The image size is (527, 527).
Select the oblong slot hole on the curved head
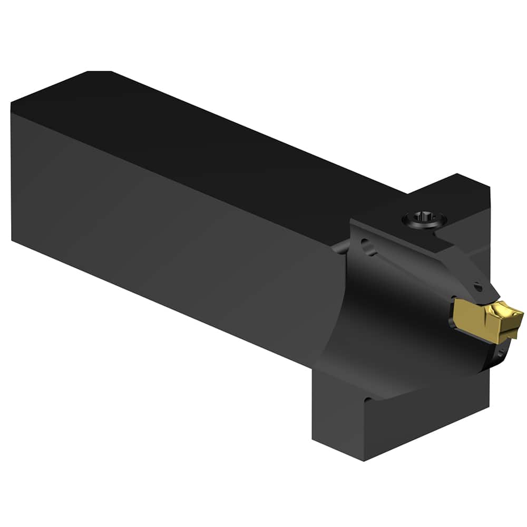369,246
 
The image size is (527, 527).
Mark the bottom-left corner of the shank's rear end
12,240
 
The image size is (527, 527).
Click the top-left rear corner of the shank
12,103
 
